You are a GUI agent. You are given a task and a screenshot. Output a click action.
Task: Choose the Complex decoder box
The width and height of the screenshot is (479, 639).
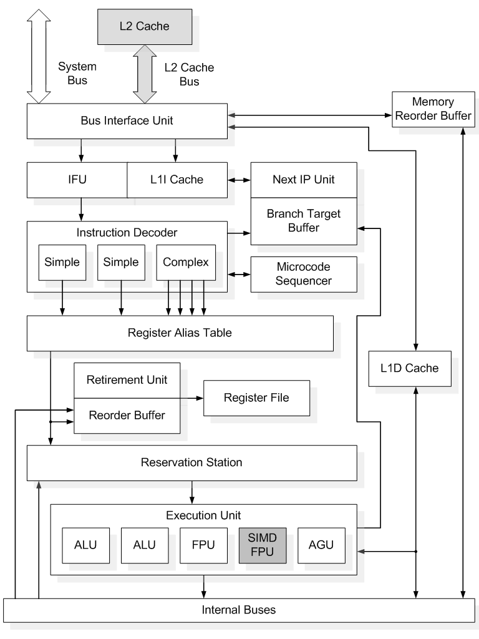pos(185,262)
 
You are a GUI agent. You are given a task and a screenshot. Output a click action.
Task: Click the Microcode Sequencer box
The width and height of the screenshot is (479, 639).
pos(304,274)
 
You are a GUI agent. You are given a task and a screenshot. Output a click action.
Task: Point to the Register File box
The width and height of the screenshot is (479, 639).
pos(256,398)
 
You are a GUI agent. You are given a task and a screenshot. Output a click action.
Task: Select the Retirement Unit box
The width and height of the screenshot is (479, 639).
pos(127,380)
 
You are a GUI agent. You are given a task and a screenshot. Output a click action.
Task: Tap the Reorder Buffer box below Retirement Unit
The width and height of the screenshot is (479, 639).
pos(127,415)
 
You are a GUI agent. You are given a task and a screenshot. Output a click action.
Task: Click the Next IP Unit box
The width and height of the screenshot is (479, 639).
pos(304,180)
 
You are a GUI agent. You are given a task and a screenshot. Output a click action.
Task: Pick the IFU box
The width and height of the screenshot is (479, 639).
pos(77,180)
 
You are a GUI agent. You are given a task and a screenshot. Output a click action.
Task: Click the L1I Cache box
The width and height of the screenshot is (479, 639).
pos(177,180)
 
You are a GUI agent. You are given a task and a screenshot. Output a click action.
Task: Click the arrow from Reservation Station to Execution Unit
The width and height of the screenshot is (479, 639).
pos(191,492)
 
